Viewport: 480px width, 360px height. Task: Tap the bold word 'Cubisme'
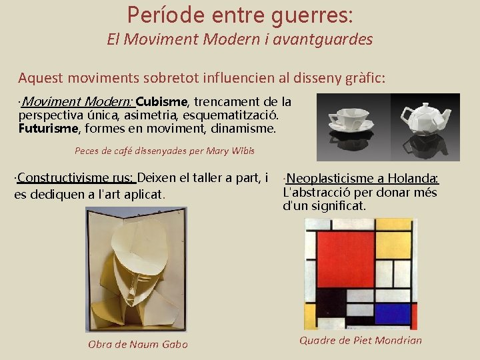(162, 102)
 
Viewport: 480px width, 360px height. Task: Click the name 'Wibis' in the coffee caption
(241, 151)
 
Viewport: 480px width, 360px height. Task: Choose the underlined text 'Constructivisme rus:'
(75, 178)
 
